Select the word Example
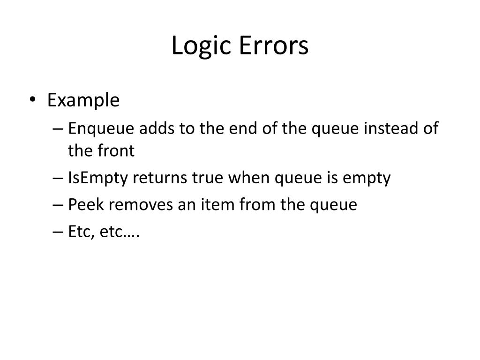83,100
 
